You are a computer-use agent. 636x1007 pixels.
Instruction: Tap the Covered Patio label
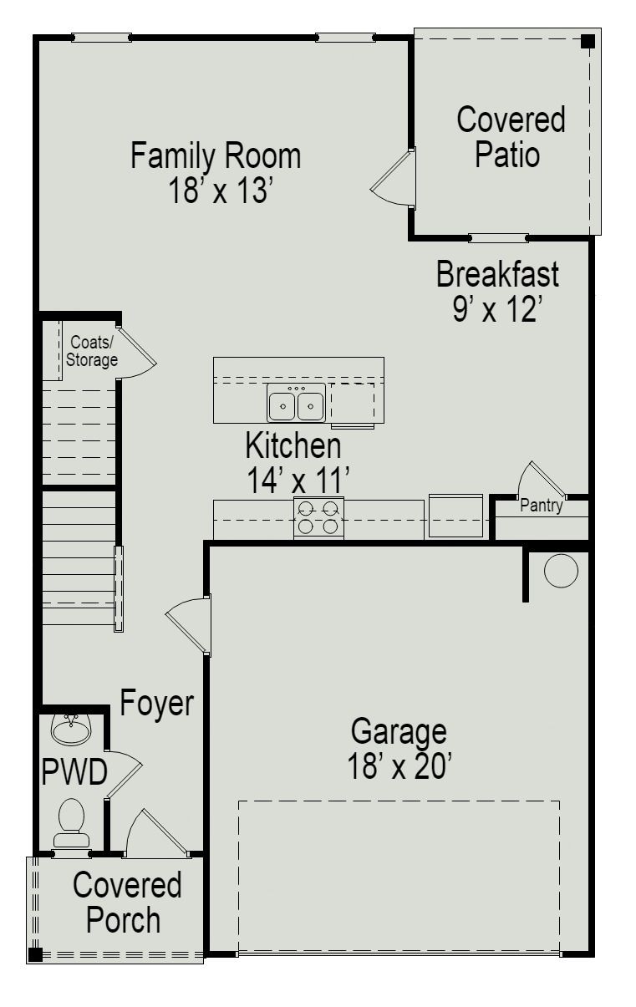click(510, 137)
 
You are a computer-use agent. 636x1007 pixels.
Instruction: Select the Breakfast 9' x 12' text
click(497, 291)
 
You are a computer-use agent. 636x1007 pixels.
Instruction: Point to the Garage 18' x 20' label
click(399, 748)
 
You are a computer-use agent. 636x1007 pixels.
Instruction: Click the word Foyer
click(157, 703)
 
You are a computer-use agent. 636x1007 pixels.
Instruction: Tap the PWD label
click(74, 774)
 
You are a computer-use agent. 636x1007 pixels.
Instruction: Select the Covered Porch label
click(125, 903)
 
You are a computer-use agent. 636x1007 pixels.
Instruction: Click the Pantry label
click(541, 506)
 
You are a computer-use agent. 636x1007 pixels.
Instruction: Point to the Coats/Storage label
click(92, 351)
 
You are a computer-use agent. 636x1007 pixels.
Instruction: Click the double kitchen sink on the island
click(296, 405)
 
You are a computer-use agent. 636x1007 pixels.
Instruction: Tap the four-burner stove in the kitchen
click(318, 516)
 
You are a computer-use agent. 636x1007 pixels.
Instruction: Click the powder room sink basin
click(71, 729)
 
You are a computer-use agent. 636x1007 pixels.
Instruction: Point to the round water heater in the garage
click(560, 570)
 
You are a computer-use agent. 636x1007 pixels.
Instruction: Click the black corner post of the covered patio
click(588, 40)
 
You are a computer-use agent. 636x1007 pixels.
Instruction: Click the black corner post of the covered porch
click(35, 954)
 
